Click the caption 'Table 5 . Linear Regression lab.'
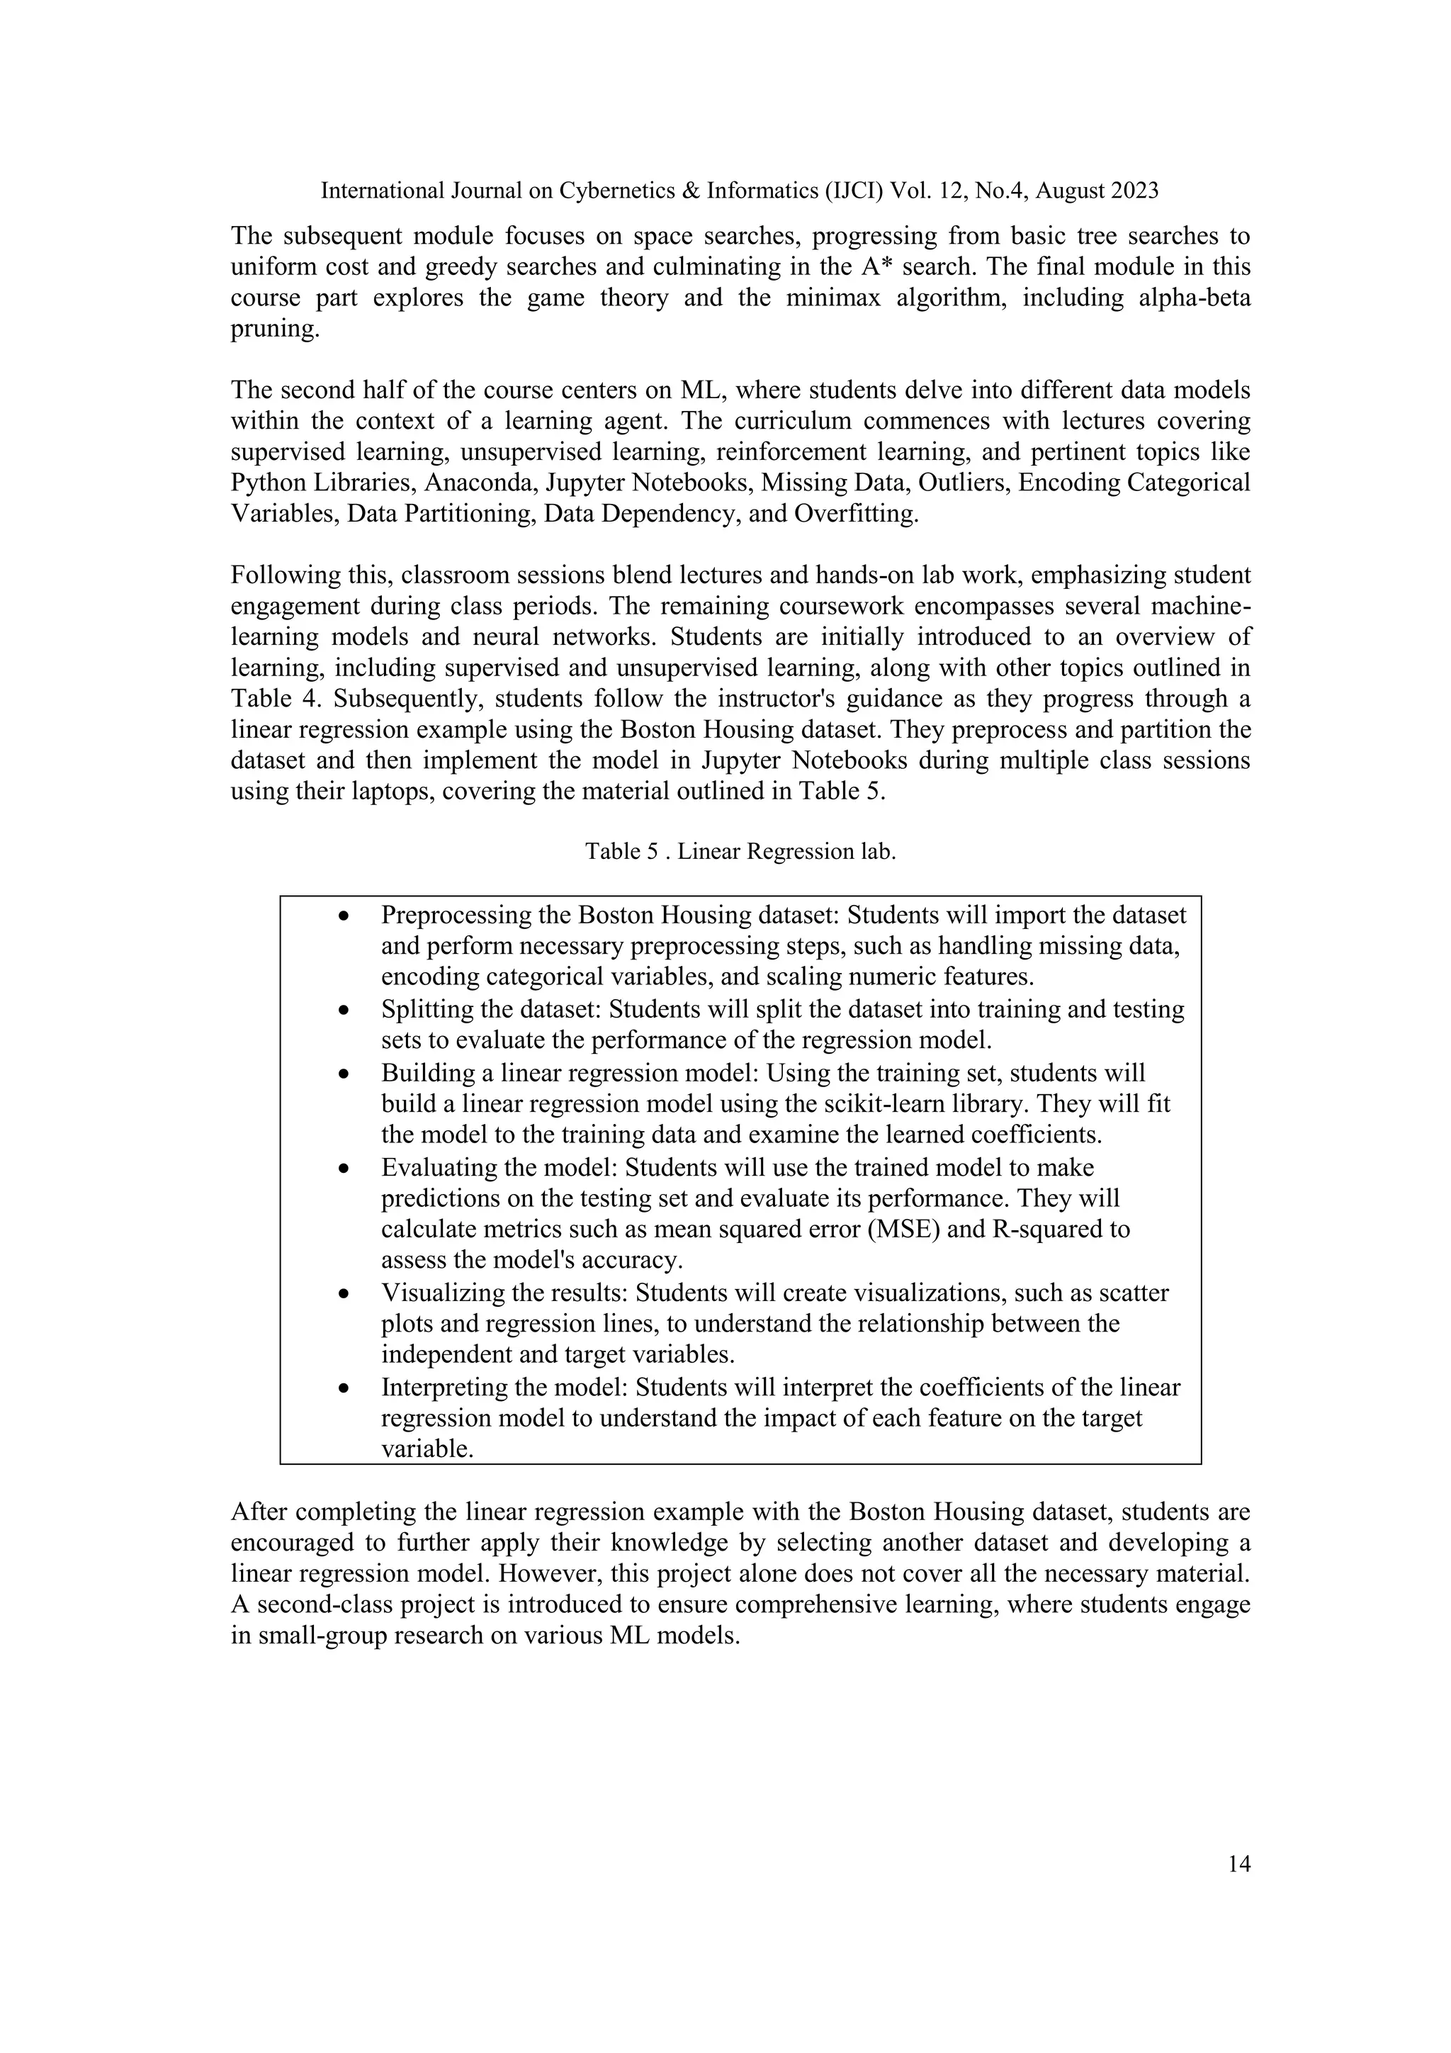coord(740,851)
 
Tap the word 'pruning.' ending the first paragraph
coord(274,328)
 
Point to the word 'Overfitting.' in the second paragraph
coord(856,514)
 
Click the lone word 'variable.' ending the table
coord(427,1449)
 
